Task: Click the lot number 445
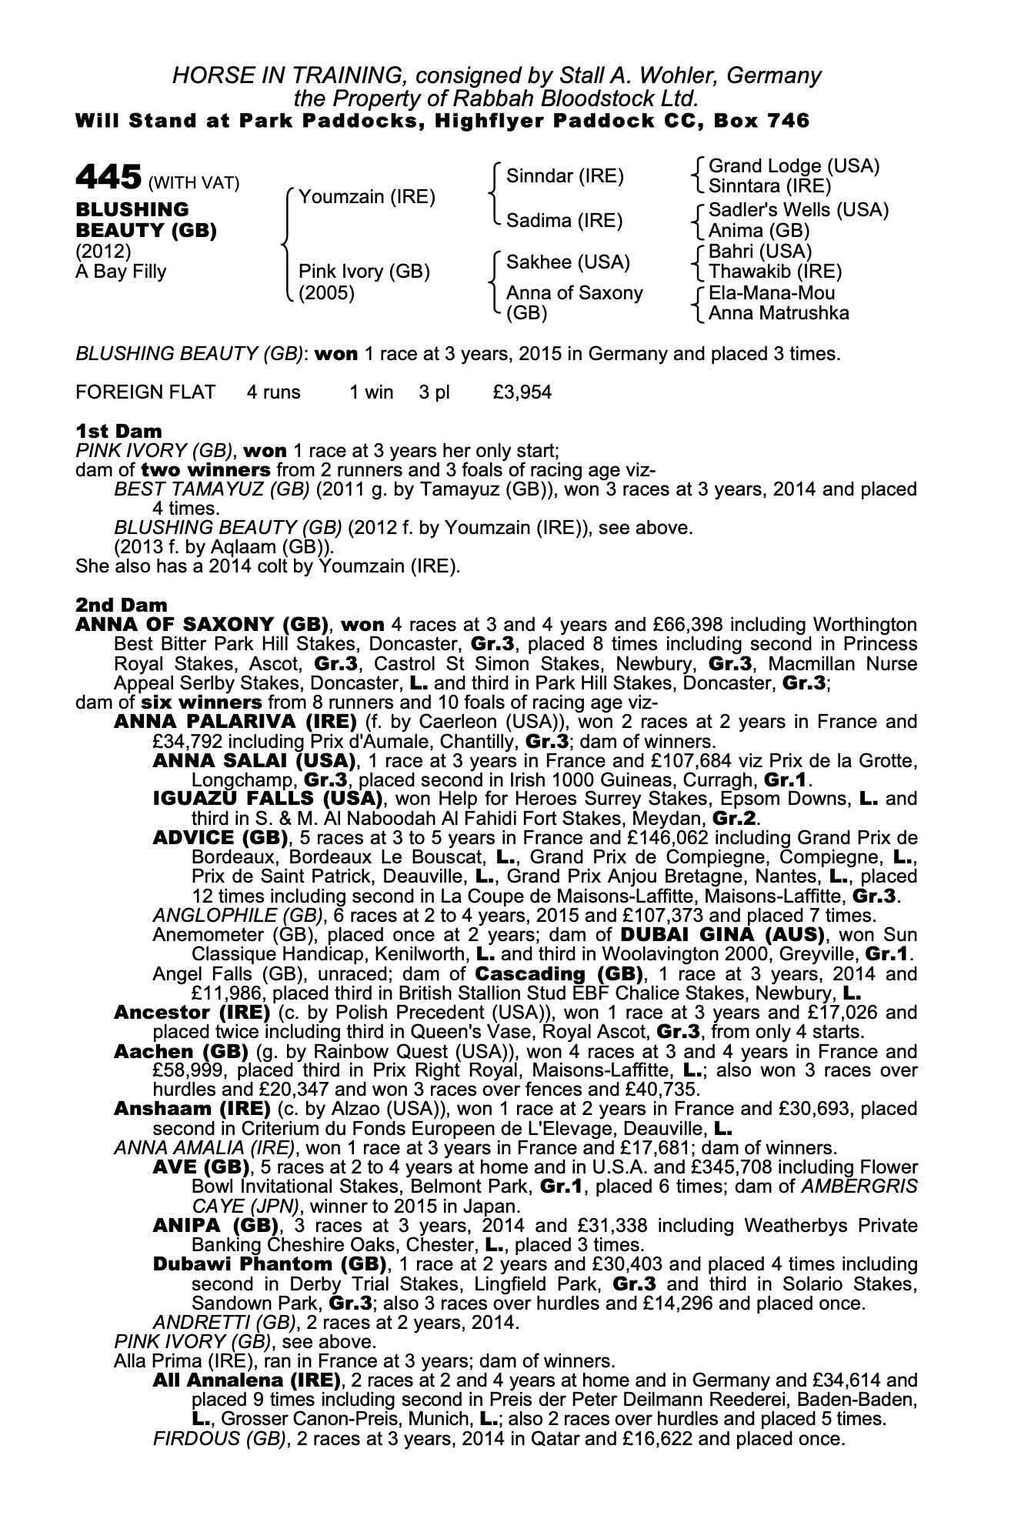(108, 178)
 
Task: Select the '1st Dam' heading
(119, 432)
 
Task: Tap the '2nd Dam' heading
(122, 606)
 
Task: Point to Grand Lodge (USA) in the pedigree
(793, 166)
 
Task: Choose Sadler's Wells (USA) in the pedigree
(798, 210)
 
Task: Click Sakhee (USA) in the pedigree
(568, 262)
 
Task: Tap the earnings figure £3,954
(522, 392)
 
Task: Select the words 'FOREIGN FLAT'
(145, 392)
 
